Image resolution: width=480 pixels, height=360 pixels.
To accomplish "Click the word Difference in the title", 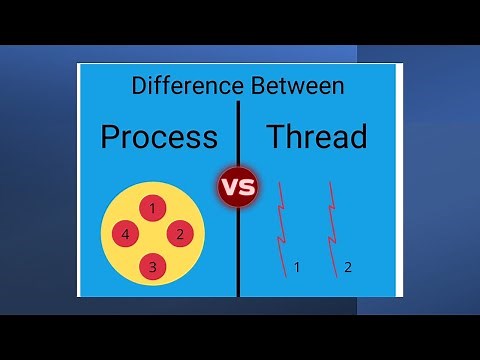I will coord(182,86).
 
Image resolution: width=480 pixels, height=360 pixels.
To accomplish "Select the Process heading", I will coord(159,136).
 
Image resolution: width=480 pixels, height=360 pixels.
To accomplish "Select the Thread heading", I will coord(316,136).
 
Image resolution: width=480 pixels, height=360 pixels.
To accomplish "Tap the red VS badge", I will coord(238,187).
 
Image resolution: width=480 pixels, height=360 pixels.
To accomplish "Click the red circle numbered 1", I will coord(152,208).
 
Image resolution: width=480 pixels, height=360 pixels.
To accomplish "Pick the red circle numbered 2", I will coord(179,235).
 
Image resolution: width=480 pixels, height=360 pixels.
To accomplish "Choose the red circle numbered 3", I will coord(152,265).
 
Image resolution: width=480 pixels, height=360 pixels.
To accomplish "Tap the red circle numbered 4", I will coord(125,235).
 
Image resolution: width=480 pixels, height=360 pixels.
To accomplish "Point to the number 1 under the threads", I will coord(297,267).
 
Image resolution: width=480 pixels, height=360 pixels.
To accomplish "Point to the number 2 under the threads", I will coord(348,267).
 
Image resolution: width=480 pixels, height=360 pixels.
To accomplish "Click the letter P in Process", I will coord(111,136).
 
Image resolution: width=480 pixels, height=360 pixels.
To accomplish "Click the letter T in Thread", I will coord(275,136).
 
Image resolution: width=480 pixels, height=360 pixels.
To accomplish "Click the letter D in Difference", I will coord(138,86).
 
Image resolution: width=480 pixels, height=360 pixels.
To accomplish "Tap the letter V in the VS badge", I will coord(229,187).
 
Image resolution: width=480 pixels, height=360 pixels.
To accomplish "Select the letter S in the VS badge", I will coord(246,187).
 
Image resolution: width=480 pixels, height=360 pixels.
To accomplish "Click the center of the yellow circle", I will coord(152,236).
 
